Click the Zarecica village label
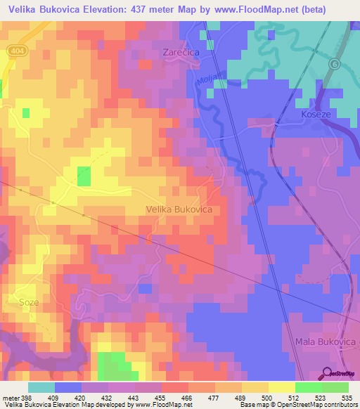tap(181, 52)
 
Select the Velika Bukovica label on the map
tap(179, 209)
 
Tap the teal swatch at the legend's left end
tap(41, 387)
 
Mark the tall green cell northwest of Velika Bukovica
tap(84, 176)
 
